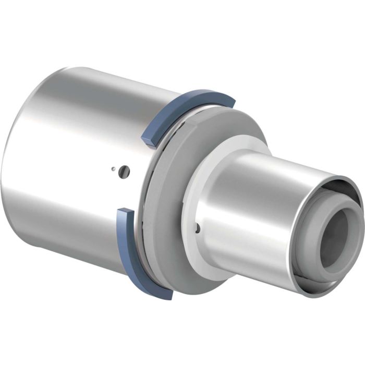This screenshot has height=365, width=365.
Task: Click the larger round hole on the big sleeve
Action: point(124,170)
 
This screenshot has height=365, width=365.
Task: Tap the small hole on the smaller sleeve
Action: point(198,227)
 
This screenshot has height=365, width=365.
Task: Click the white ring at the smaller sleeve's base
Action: point(198,172)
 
